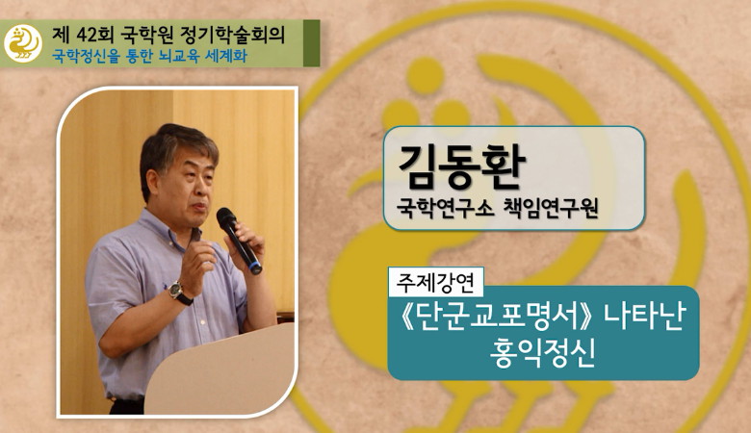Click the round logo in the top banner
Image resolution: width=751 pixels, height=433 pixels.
[x=23, y=43]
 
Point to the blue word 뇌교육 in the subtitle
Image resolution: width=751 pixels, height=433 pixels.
[x=177, y=56]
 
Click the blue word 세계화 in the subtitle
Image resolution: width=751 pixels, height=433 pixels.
[x=226, y=56]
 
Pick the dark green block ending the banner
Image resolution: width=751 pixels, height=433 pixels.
[x=311, y=43]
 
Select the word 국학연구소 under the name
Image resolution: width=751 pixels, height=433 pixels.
[x=445, y=208]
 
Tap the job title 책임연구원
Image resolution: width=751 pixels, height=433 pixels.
[x=551, y=208]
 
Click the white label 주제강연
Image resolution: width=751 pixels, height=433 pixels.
[x=435, y=282]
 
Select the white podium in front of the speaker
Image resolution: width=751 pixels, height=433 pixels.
[x=220, y=370]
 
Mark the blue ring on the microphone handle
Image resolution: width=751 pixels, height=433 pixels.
[x=255, y=266]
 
